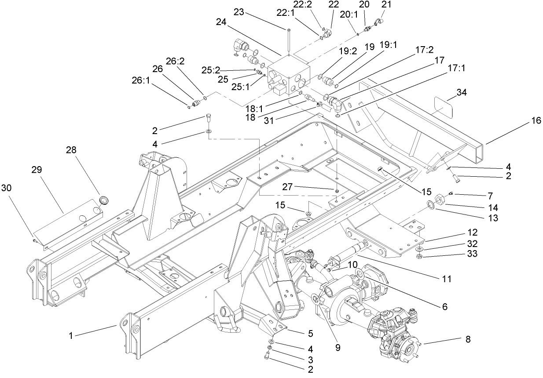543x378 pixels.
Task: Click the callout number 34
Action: click(462, 92)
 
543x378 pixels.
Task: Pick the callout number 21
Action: click(386, 4)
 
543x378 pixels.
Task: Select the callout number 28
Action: click(71, 150)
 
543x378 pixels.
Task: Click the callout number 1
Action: click(71, 335)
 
